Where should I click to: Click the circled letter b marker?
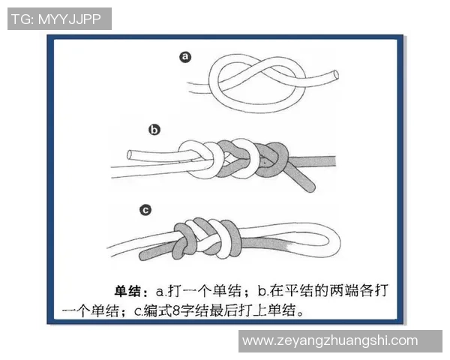coord(154,129)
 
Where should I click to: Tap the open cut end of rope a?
coord(333,73)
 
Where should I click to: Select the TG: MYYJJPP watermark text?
coord(59,19)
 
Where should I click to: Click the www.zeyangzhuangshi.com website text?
coord(330,340)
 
